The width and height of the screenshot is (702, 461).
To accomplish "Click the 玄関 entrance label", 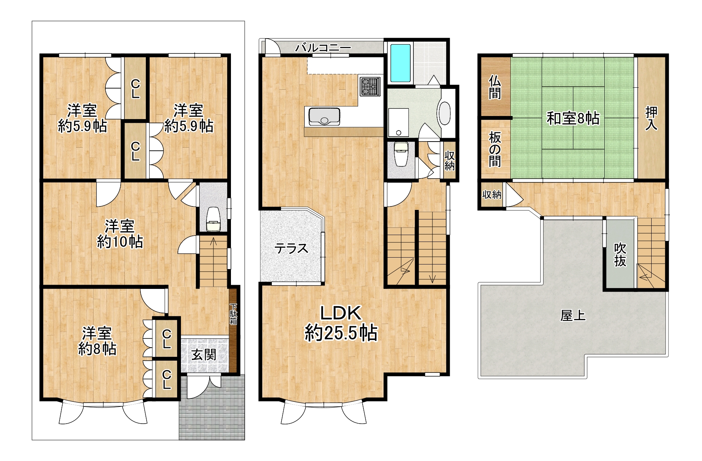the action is point(204,355).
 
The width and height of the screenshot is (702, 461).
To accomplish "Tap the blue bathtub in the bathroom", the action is point(400,63).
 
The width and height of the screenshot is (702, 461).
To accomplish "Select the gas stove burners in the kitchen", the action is point(370,85).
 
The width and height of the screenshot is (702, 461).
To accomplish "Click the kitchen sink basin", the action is point(324,116).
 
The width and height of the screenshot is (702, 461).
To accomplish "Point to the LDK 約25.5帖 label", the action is point(341,323).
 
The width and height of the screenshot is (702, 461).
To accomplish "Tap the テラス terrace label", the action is point(291,248).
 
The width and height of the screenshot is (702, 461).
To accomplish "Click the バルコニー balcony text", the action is point(323,48).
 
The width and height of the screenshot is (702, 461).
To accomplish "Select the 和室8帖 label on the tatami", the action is point(573,118).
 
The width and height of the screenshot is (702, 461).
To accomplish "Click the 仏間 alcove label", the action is point(495,87).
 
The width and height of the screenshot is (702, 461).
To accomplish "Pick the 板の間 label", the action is point(495,149).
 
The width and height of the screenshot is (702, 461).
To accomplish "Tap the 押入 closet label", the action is point(651,118).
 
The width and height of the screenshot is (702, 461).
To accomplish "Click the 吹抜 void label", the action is point(620,255).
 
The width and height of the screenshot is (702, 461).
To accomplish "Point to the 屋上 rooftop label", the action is point(573,316).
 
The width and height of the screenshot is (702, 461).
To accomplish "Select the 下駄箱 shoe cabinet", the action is point(233,314).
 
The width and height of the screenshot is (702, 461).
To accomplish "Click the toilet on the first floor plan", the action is point(213,220).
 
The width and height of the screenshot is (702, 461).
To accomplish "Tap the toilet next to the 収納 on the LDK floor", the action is point(401,154).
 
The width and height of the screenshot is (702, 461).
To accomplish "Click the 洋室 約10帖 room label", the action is point(120,234).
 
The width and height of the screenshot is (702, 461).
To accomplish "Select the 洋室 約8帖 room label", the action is point(97,341).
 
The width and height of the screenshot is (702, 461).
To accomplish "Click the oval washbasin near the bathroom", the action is point(445,113).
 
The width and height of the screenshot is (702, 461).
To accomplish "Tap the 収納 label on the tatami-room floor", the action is point(492,195).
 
